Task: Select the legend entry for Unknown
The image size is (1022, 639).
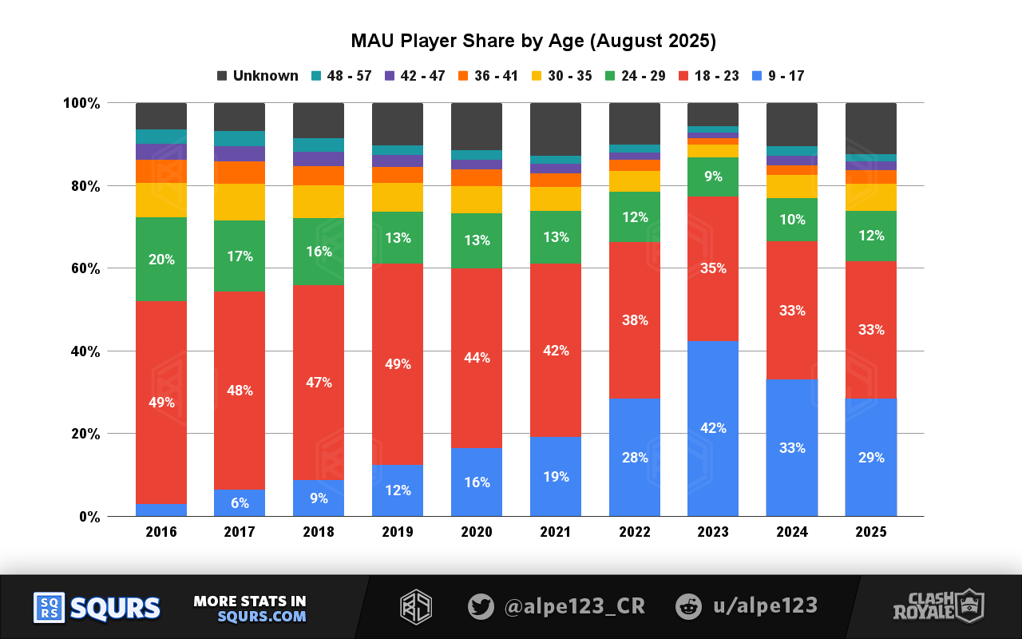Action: point(257,76)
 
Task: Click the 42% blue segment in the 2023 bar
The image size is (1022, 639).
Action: point(712,428)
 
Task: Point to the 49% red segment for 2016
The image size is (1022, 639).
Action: point(161,403)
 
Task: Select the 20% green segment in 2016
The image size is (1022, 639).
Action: point(161,260)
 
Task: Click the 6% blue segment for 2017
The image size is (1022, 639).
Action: point(240,503)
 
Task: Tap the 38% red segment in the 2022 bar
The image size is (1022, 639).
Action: point(634,320)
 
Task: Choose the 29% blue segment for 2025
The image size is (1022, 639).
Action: point(870,458)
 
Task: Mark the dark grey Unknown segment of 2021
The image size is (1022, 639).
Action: point(555,129)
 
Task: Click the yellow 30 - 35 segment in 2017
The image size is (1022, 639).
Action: point(240,202)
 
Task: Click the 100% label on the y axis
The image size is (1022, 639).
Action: point(81,103)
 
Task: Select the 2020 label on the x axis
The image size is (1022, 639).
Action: point(476,532)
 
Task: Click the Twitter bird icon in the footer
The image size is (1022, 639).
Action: point(481,606)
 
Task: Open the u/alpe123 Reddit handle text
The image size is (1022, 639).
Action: point(764,606)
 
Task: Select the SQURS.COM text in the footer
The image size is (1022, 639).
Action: point(261,617)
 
